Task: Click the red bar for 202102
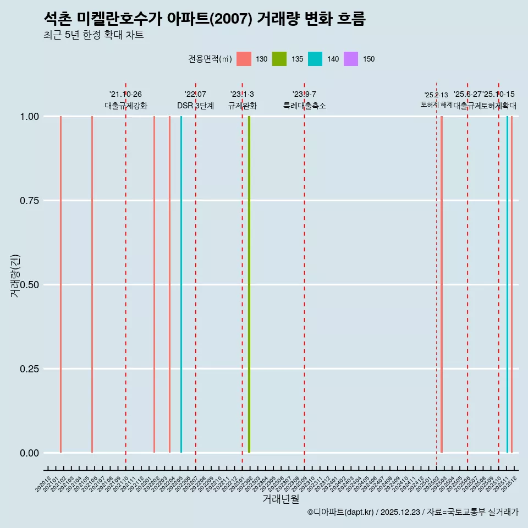click(x=61, y=284)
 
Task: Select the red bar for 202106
click(x=92, y=284)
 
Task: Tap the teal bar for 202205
click(x=181, y=284)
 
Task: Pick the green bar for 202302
click(x=249, y=284)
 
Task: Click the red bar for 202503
click(x=442, y=284)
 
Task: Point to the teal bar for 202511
click(x=507, y=284)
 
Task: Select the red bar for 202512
click(x=512, y=284)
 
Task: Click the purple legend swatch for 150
click(x=351, y=59)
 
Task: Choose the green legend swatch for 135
click(x=279, y=59)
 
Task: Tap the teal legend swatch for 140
click(x=315, y=59)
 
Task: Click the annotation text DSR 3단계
click(x=195, y=106)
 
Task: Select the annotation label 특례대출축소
click(x=305, y=106)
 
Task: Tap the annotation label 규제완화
click(x=243, y=106)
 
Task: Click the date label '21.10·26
click(x=125, y=95)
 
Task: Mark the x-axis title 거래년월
click(x=280, y=499)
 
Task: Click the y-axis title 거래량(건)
click(x=15, y=275)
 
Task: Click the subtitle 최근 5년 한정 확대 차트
click(x=94, y=35)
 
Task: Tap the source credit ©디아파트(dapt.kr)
click(x=340, y=512)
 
